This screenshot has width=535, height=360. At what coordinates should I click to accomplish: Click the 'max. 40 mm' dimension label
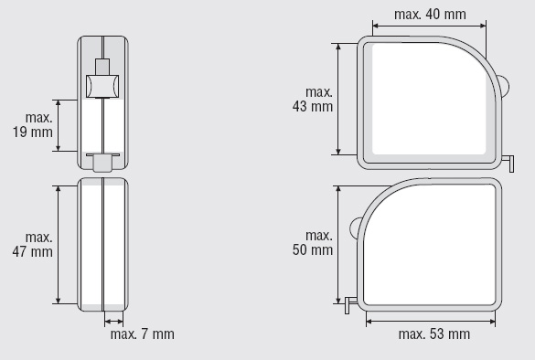(430, 15)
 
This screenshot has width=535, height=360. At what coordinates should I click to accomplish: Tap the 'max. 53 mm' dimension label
(434, 334)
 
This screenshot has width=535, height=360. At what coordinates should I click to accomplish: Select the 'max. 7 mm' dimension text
(143, 334)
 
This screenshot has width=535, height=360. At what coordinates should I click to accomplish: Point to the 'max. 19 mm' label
(33, 125)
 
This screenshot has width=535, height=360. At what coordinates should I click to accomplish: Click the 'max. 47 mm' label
(33, 245)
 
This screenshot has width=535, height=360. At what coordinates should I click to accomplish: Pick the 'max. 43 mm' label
(313, 100)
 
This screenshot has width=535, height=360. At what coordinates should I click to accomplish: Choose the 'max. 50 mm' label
(313, 243)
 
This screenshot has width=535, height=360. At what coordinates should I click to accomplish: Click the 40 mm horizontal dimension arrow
(429, 26)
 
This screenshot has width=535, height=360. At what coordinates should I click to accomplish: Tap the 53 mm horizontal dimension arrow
(431, 321)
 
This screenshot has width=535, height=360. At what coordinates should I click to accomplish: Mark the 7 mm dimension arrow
(113, 321)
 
